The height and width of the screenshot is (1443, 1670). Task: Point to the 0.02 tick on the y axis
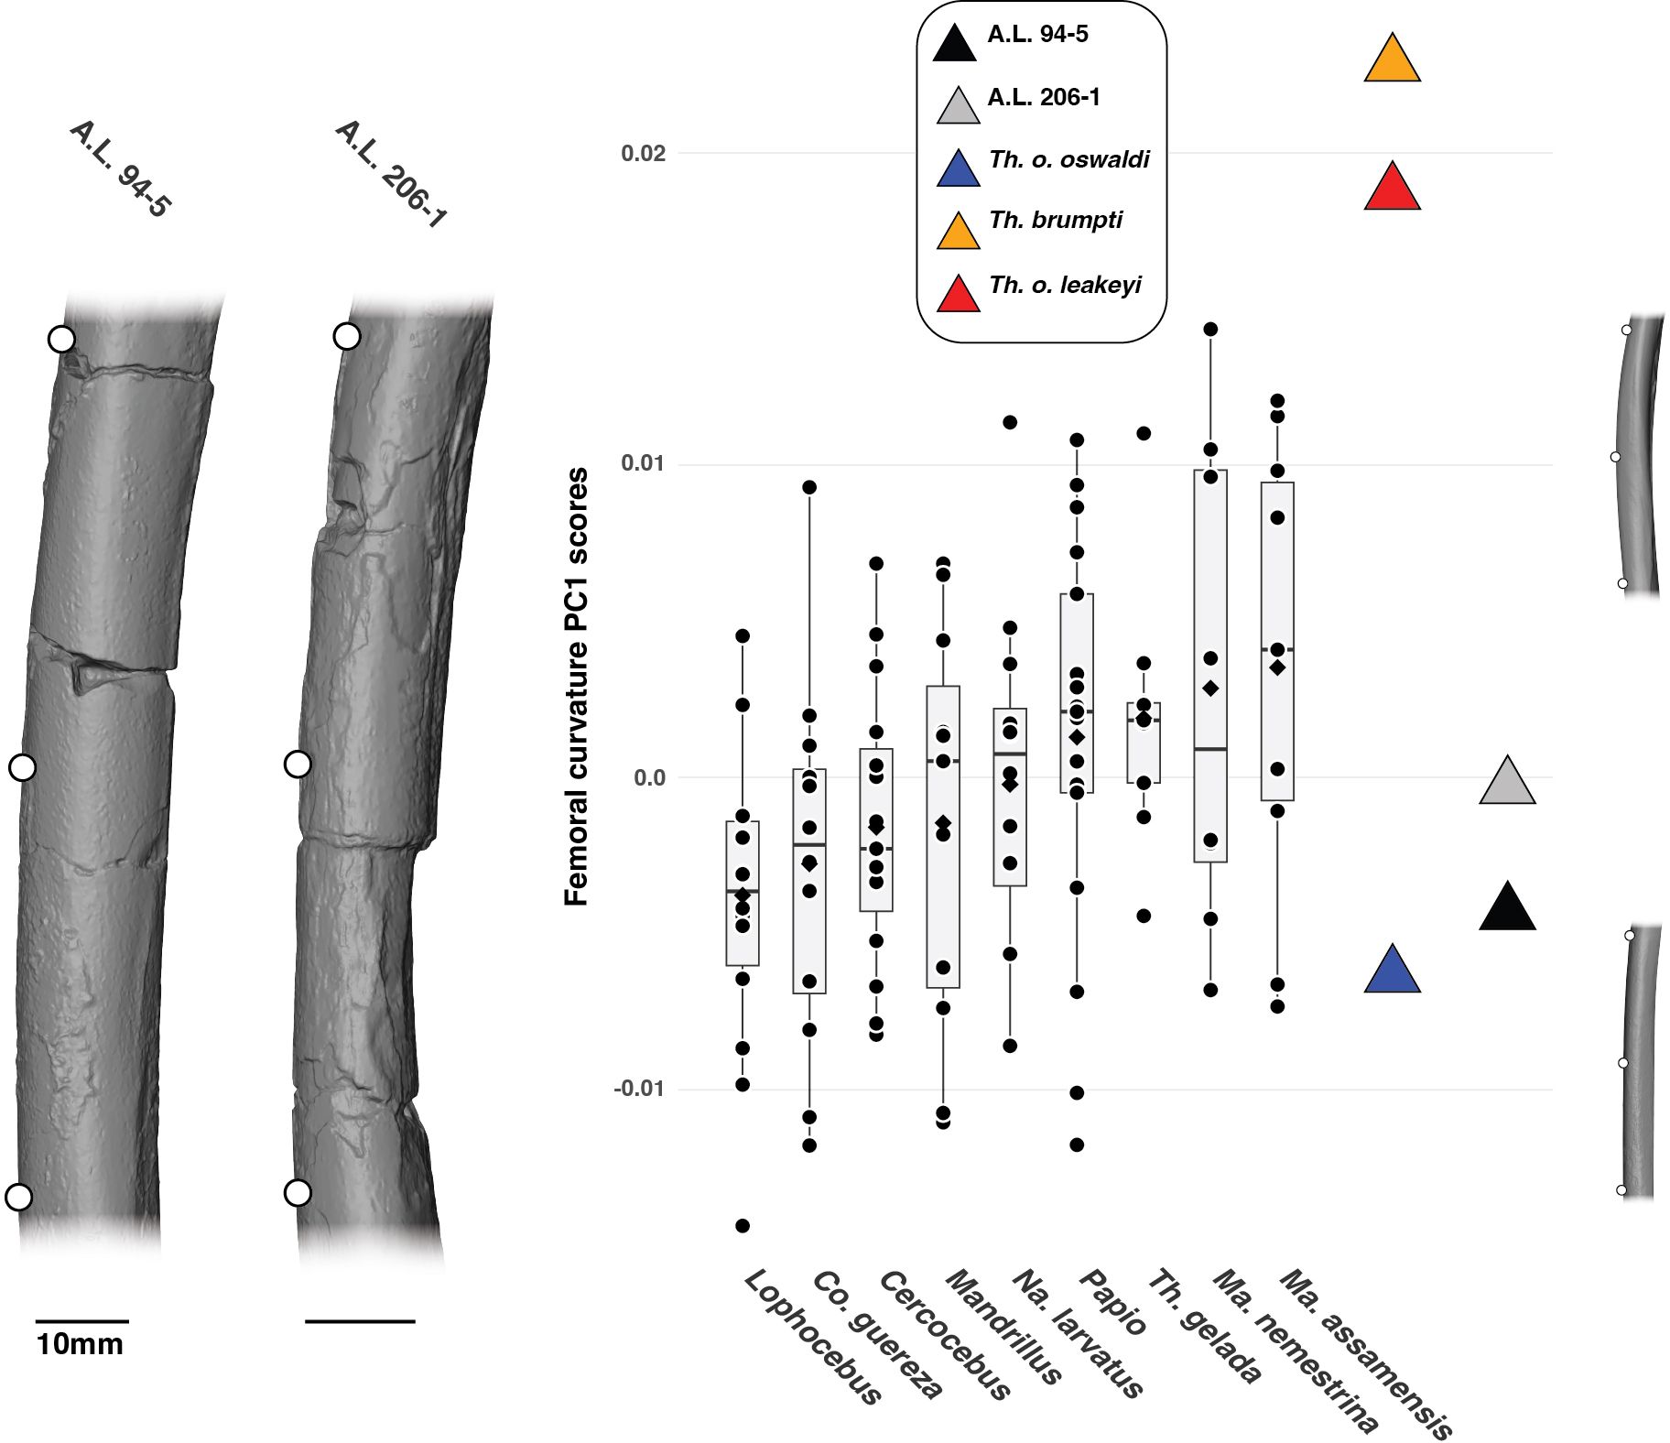pos(643,153)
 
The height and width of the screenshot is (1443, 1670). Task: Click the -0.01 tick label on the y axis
pos(639,1089)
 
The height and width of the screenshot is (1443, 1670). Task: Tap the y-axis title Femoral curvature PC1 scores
pos(576,687)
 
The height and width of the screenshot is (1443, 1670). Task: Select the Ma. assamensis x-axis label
pos(1365,1353)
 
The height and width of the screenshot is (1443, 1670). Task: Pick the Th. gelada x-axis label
pos(1205,1325)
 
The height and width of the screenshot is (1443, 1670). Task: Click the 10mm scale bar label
pos(80,1344)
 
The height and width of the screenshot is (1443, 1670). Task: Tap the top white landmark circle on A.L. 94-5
pos(61,339)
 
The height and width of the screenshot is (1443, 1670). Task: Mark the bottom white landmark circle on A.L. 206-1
pos(298,1192)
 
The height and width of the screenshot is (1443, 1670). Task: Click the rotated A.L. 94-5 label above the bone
pos(120,169)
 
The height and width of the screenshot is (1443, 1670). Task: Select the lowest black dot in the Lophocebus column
pos(743,1225)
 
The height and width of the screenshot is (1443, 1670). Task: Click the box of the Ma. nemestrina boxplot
pos(1210,666)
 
